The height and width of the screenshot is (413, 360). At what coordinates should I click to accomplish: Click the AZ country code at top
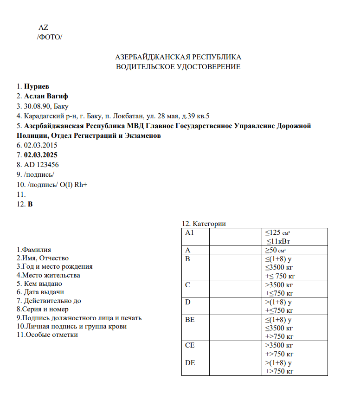click(x=43, y=27)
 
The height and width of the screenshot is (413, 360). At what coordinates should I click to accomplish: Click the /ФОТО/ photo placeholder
click(x=49, y=37)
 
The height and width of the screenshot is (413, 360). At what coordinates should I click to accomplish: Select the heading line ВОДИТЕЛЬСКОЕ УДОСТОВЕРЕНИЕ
click(x=178, y=67)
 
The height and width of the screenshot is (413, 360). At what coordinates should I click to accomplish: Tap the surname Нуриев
click(x=36, y=86)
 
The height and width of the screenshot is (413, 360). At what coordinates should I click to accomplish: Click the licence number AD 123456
click(x=41, y=164)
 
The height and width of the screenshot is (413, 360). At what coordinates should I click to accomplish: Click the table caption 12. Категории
click(x=204, y=224)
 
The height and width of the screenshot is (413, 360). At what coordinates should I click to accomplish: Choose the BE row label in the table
click(x=190, y=320)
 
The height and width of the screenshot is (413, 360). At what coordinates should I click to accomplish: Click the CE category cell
click(x=190, y=345)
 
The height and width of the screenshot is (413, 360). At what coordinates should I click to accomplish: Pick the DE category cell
click(x=190, y=363)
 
